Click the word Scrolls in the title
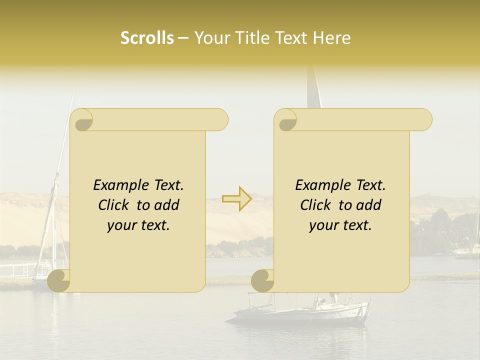147,38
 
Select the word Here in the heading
331,38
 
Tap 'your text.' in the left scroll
138,225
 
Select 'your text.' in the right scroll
340,225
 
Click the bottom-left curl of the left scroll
59,280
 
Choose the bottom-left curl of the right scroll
263,280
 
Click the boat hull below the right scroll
300,315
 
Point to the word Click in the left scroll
114,205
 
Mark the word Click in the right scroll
316,205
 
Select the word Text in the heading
290,38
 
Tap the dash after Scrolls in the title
183,38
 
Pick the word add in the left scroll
167,205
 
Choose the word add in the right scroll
369,205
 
